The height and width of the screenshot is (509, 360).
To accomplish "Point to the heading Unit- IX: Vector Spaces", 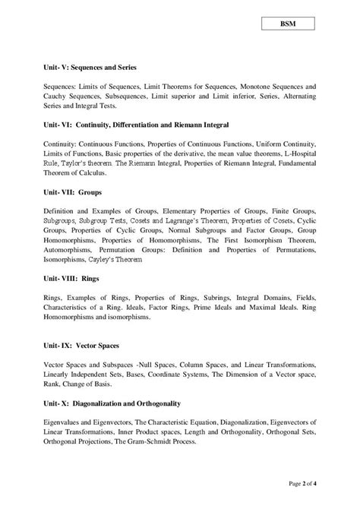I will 84,346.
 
